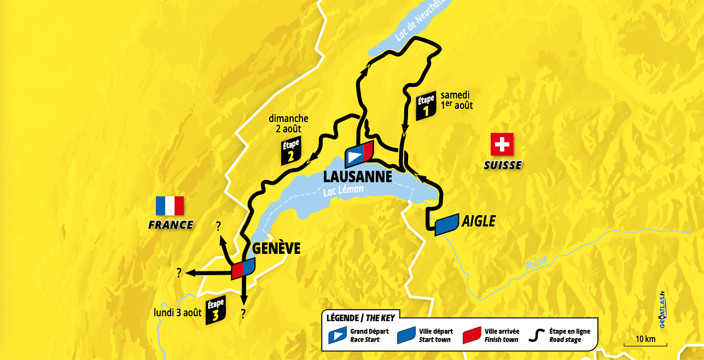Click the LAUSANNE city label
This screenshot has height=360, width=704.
[358, 177]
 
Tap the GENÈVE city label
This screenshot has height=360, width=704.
[276, 248]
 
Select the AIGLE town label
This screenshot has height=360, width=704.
[478, 221]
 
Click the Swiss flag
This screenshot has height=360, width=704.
[502, 146]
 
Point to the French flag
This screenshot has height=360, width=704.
[170, 206]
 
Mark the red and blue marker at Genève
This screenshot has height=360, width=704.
[243, 268]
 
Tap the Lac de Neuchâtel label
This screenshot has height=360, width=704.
[422, 23]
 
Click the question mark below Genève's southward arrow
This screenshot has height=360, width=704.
[243, 313]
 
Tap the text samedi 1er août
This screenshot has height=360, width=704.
[456, 100]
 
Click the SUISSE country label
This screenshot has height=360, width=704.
[502, 165]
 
